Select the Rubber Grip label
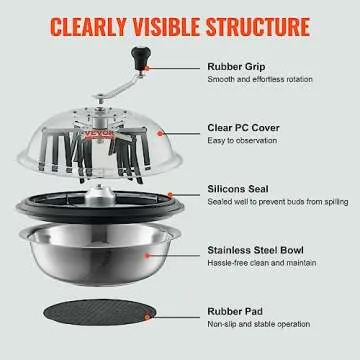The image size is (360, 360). click(235, 68)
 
